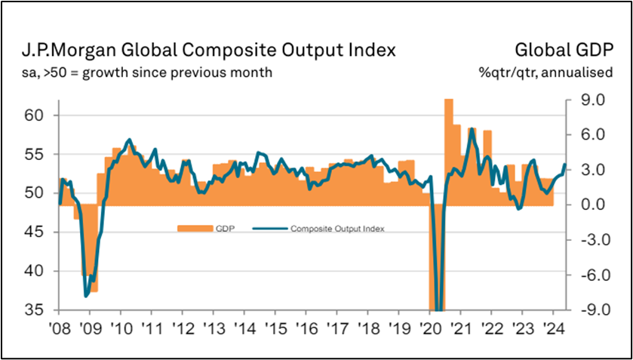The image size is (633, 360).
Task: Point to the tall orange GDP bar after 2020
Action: (448, 151)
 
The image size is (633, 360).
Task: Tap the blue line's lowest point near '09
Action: (87, 296)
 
